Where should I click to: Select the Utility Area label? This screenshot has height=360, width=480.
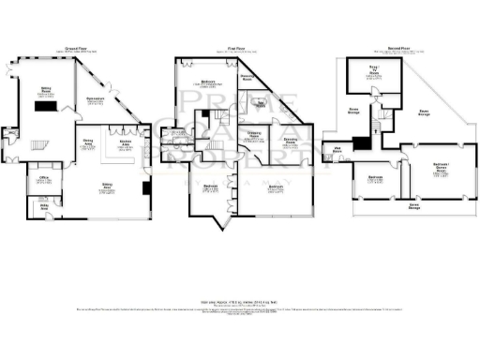[x=43, y=205]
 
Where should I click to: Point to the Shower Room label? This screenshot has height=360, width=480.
[x=247, y=79]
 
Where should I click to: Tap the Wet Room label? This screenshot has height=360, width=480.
[x=337, y=147]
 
